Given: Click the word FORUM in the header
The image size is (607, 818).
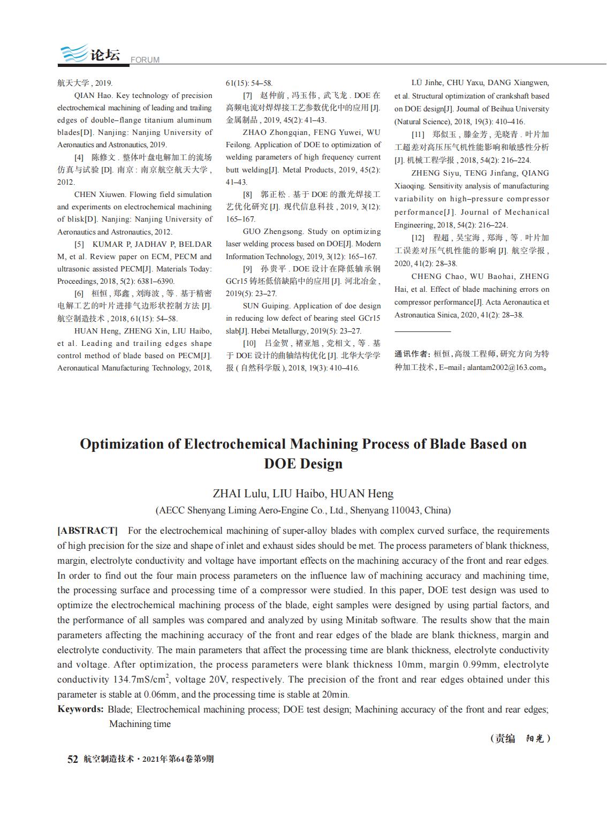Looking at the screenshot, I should point(145,60).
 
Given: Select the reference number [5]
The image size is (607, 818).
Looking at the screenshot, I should point(79,244).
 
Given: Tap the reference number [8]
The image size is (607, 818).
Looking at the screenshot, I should point(247,194).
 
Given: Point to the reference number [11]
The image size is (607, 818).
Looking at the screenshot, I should point(418,134).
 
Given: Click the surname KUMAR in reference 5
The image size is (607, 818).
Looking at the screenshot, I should point(108,244).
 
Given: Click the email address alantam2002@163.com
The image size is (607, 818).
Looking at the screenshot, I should point(505,368).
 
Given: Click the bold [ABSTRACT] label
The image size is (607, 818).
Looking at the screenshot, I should point(87,531).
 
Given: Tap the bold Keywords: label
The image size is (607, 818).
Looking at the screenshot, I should point(80,709).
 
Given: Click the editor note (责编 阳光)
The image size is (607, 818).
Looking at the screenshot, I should point(520,739).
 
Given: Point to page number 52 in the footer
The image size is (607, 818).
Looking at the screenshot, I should point(72,759).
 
